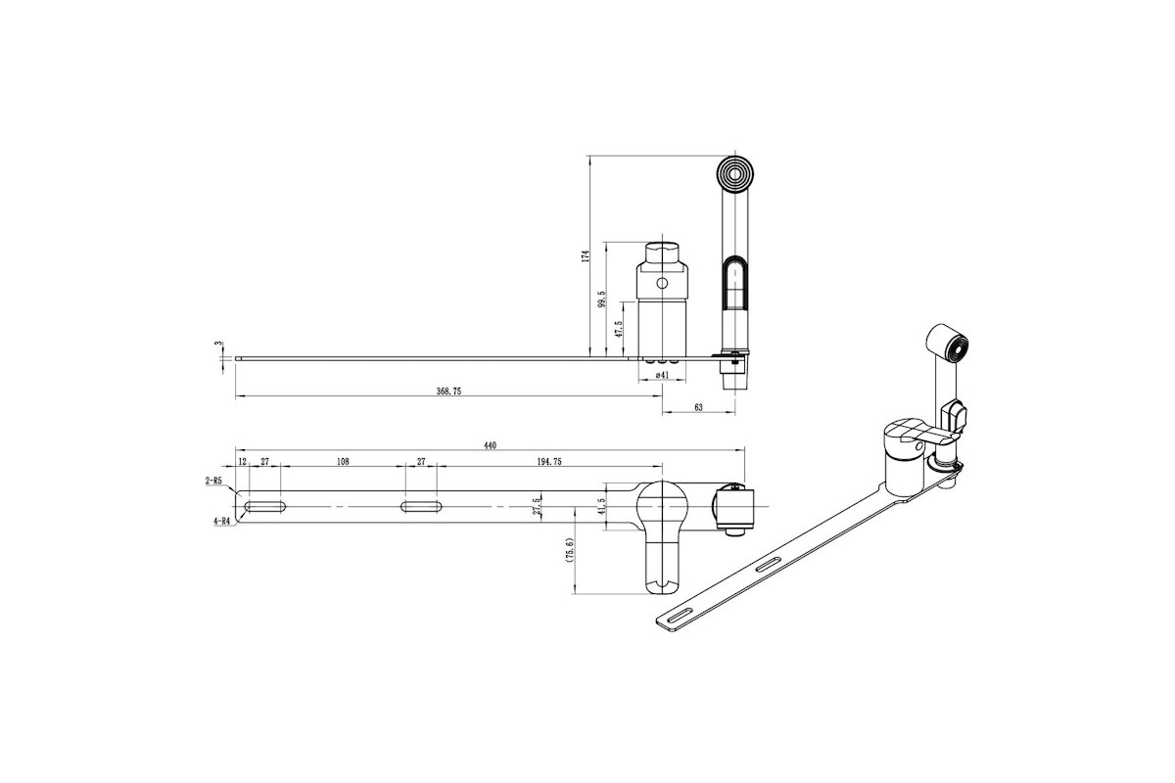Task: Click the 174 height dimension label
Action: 586,255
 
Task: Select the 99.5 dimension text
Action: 601,299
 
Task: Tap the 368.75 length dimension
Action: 449,391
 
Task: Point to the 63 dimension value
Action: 698,407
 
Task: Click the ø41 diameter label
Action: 663,375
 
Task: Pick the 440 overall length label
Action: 490,445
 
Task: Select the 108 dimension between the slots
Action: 343,462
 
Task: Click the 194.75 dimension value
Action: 549,462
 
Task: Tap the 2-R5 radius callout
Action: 213,480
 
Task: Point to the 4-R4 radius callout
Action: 221,522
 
